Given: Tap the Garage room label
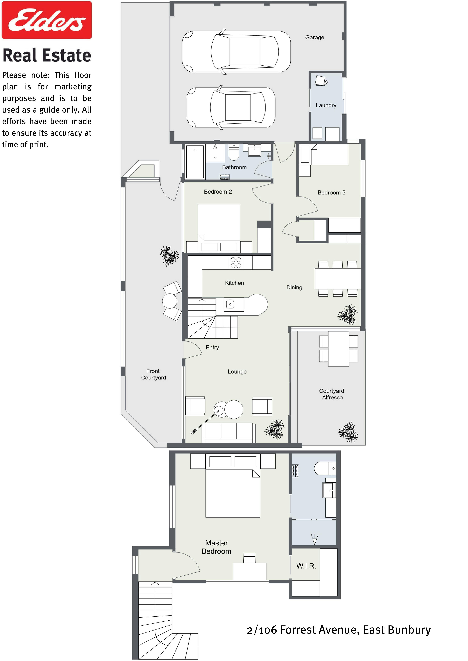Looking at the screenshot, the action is (315, 37).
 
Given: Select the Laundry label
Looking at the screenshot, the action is (326, 105).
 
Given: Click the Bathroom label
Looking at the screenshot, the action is (234, 167).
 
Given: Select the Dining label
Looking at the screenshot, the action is (294, 287).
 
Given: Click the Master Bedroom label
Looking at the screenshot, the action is (216, 547).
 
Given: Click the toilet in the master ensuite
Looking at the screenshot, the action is (325, 468).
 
